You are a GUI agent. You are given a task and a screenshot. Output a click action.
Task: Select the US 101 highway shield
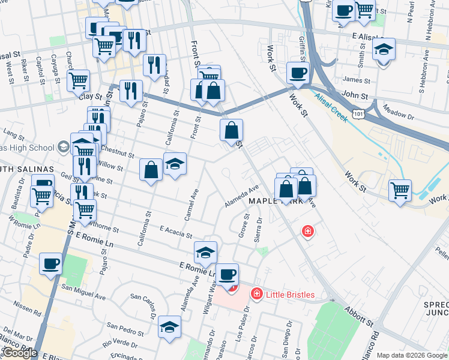click(358, 113)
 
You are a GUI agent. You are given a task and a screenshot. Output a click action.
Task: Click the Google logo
click(20, 353)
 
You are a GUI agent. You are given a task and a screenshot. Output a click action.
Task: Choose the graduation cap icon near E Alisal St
click(384, 49)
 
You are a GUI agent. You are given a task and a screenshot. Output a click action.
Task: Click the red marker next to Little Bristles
click(256, 293)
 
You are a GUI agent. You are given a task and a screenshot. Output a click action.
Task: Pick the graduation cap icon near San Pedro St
click(170, 327)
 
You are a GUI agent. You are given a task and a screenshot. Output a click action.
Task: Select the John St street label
click(354, 94)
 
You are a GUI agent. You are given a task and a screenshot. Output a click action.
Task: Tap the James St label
click(354, 79)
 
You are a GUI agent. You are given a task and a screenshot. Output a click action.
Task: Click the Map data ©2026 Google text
click(412, 355)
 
